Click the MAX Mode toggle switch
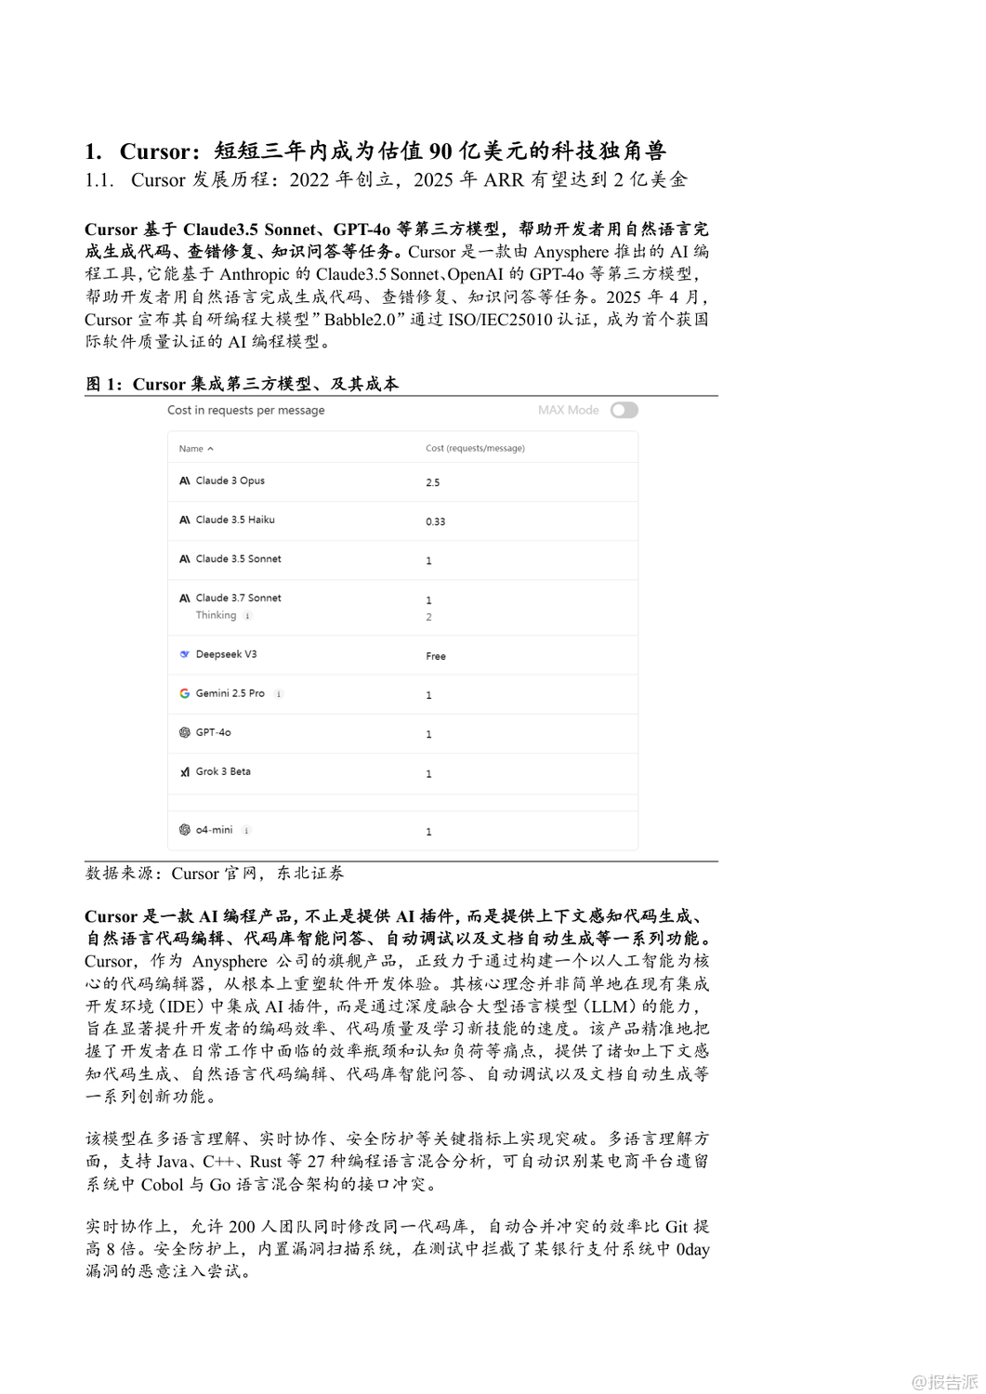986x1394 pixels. coord(624,410)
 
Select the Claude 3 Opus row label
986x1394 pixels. coord(230,480)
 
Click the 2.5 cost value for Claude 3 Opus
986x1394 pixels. coord(432,482)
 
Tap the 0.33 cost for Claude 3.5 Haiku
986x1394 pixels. coord(435,521)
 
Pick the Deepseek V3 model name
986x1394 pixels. coord(226,654)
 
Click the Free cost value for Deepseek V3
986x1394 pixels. coord(435,656)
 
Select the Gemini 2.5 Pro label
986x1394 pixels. coord(230,693)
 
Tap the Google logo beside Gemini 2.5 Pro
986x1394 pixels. coord(184,693)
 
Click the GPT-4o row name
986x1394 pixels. coord(213,732)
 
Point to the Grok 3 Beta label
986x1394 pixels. coord(223,771)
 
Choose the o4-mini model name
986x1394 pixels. coord(214,830)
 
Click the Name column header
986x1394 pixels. coord(191,449)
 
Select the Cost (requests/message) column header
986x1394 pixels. coord(475,448)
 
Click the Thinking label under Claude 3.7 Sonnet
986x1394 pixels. coord(216,615)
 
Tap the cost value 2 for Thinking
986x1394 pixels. coord(428,617)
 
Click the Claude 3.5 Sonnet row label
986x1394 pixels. coord(238,559)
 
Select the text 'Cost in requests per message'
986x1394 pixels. coord(246,410)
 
